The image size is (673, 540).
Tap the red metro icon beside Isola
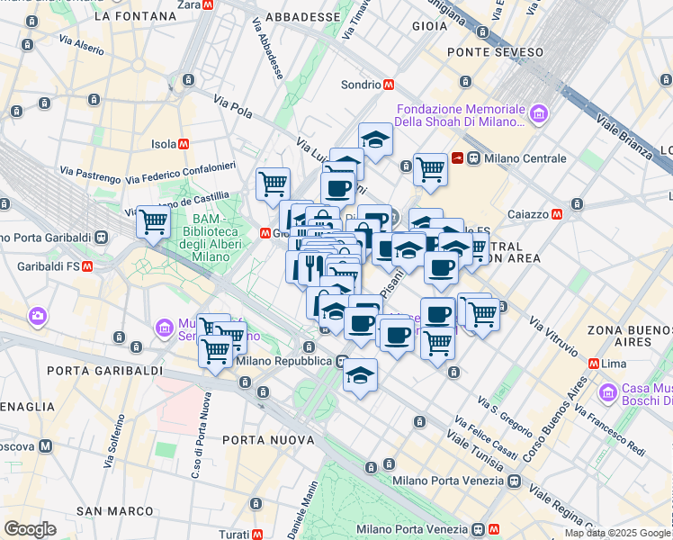tap(184, 143)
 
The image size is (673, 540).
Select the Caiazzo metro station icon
tap(558, 215)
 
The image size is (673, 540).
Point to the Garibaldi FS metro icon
tap(87, 266)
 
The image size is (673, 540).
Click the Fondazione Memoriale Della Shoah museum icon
tap(538, 113)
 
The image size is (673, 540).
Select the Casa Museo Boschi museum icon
tap(609, 392)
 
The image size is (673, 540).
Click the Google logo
tap(30, 528)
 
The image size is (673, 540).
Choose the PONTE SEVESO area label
tap(498, 52)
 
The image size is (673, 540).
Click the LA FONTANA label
tap(135, 15)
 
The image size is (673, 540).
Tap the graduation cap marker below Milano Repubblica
tap(360, 374)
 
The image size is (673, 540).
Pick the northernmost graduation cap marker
tap(375, 139)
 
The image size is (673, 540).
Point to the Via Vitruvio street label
tap(554, 333)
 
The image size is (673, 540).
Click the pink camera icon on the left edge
tap(38, 316)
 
